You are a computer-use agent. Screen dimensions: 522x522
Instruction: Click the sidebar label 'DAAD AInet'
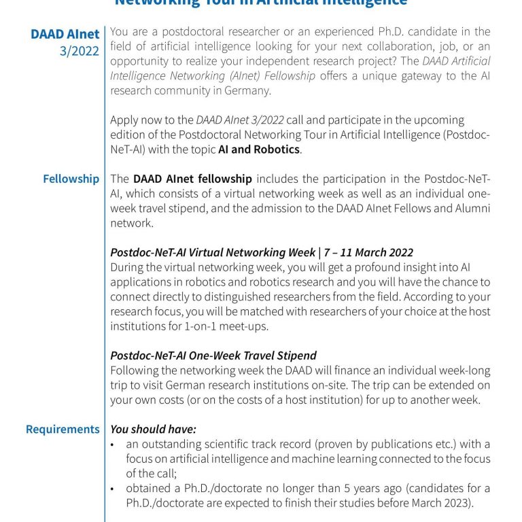[x=65, y=34]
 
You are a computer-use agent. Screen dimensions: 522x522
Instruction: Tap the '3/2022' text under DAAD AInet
[x=80, y=51]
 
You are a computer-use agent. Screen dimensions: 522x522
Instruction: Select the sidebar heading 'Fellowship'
[x=71, y=179]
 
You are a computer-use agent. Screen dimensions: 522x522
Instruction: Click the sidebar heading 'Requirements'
[x=63, y=429]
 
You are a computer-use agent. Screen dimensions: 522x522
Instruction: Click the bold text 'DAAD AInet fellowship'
[x=192, y=179]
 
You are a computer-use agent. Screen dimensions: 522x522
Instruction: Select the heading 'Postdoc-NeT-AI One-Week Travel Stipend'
[x=213, y=355]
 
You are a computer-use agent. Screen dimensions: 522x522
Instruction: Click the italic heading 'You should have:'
[x=153, y=430]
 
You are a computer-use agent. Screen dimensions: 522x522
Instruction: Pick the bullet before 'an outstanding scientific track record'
[x=114, y=445]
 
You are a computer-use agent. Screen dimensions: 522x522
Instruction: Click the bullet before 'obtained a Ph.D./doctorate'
[x=114, y=489]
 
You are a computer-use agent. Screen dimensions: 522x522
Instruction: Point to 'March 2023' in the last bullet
[x=424, y=504]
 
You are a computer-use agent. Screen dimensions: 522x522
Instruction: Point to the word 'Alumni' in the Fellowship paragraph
[x=468, y=209]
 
